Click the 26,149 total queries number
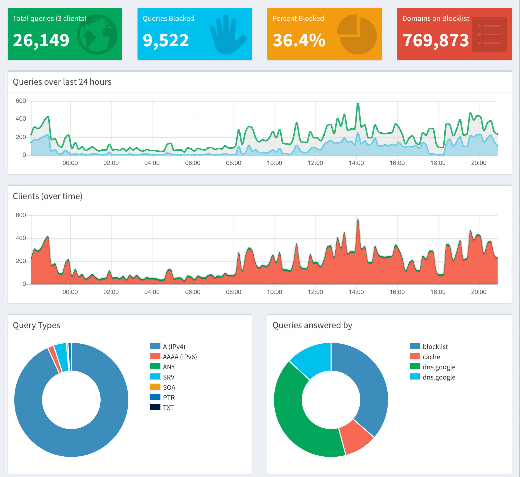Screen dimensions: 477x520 [x=41, y=40]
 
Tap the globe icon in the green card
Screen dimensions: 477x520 [x=97, y=34]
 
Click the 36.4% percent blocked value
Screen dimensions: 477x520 [x=299, y=40]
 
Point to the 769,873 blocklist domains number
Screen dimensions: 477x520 [x=435, y=40]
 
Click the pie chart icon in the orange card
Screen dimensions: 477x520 [x=357, y=34]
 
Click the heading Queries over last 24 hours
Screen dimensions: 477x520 [x=62, y=82]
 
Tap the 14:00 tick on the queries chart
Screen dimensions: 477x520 [x=356, y=163]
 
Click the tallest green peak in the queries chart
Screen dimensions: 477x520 [x=358, y=104]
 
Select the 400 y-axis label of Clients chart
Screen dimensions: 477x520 [x=21, y=238]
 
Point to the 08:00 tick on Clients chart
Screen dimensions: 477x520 [x=234, y=292]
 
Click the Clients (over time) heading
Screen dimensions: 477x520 [x=48, y=196]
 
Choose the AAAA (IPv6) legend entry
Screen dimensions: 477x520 [x=180, y=357]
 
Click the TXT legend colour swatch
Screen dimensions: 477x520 [x=155, y=407]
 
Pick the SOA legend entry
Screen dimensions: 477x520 [x=169, y=387]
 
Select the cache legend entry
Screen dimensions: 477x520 [x=431, y=357]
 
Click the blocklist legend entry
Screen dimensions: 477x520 [x=435, y=346]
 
